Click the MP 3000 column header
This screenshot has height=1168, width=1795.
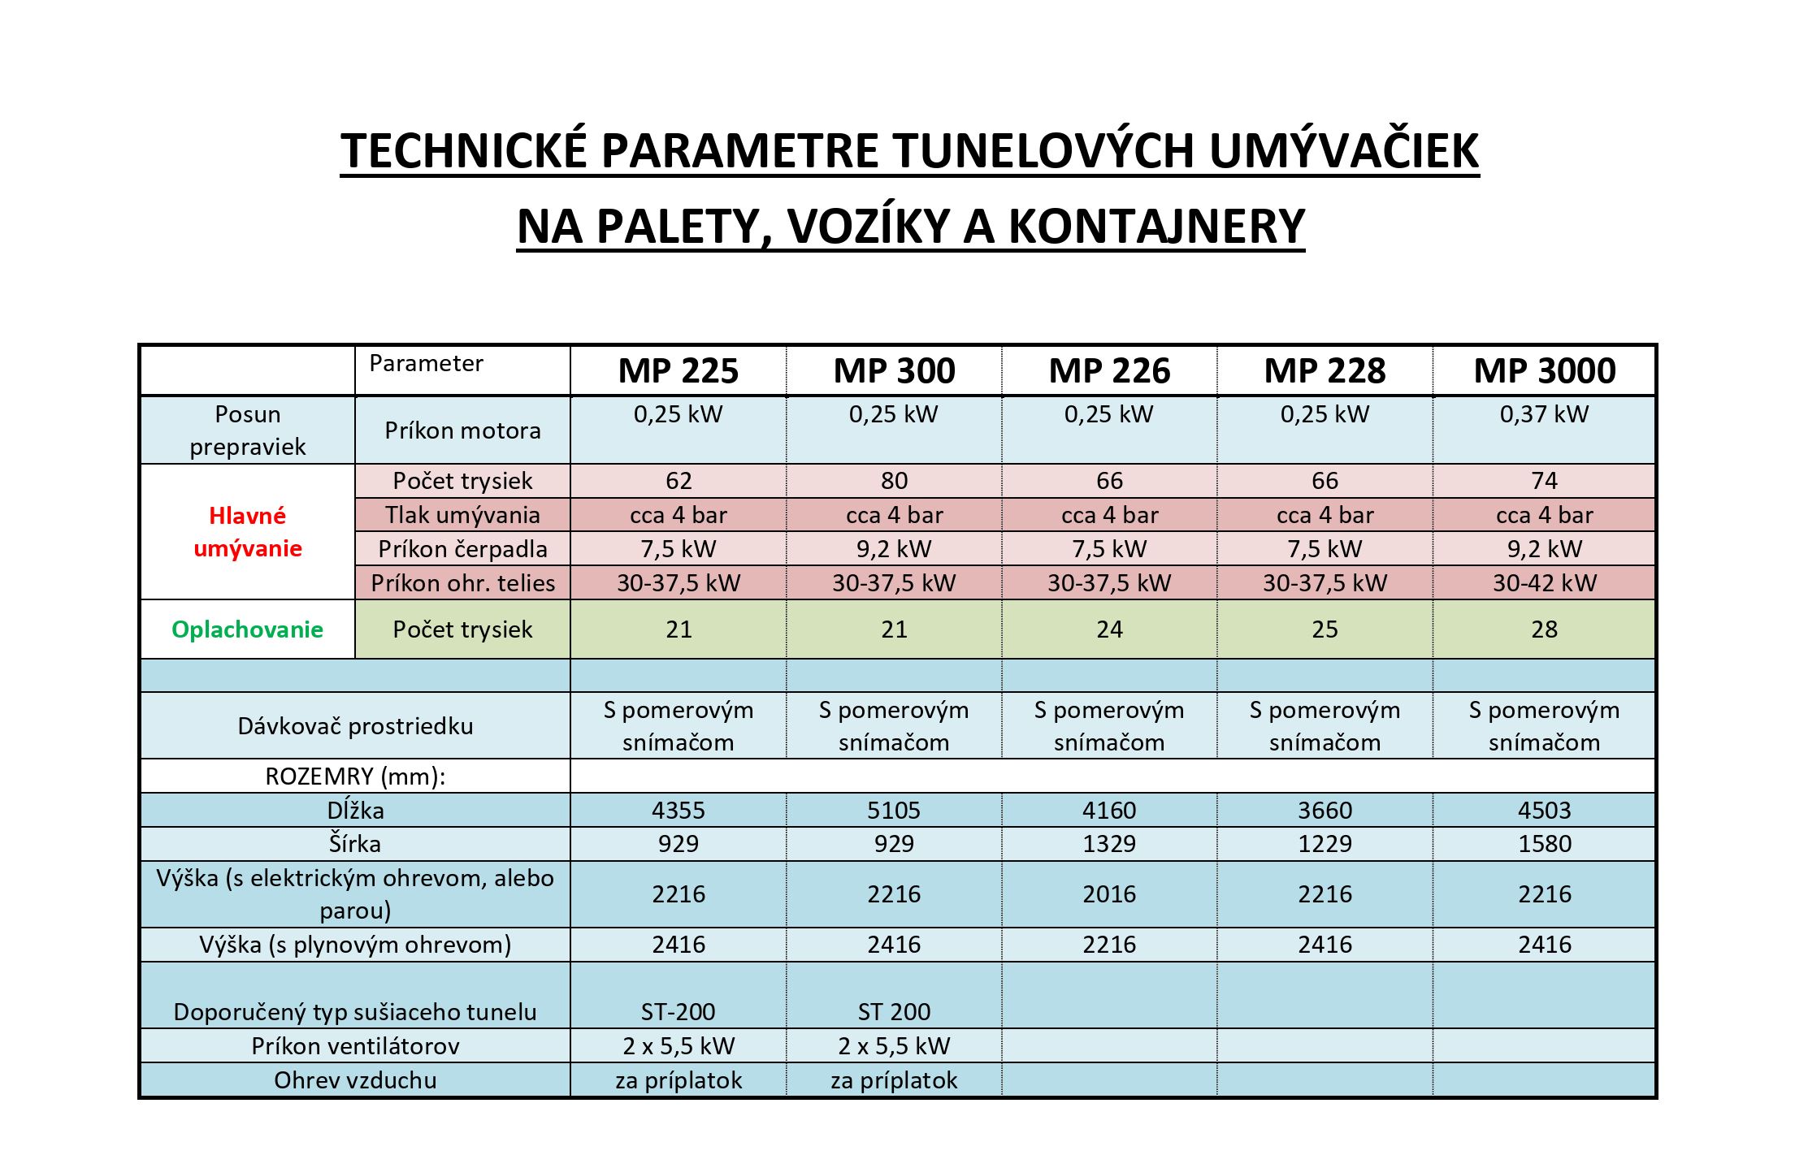(1544, 371)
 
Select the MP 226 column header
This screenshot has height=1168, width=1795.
(1109, 371)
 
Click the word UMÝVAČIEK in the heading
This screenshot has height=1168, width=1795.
(1344, 151)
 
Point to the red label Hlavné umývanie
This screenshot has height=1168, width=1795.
(248, 532)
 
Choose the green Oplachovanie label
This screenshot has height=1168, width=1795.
(248, 629)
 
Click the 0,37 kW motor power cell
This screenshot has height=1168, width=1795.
(1544, 414)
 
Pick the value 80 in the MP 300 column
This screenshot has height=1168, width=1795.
(894, 481)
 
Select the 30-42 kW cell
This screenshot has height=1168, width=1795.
(1544, 583)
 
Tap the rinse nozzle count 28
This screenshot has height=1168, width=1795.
(1544, 629)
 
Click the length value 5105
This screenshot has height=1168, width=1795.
(894, 811)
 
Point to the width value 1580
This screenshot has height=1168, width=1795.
(1544, 844)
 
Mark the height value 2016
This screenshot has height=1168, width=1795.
(1109, 894)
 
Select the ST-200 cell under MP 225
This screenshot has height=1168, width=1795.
(679, 1012)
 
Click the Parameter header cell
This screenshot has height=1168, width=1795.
(426, 364)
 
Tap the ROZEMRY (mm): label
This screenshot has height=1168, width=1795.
(355, 777)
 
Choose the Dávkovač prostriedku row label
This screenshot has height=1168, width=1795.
(355, 726)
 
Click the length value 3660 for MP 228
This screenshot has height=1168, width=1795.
(1325, 811)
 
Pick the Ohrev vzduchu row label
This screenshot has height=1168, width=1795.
(355, 1080)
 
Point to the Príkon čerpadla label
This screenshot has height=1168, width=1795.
(462, 549)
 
